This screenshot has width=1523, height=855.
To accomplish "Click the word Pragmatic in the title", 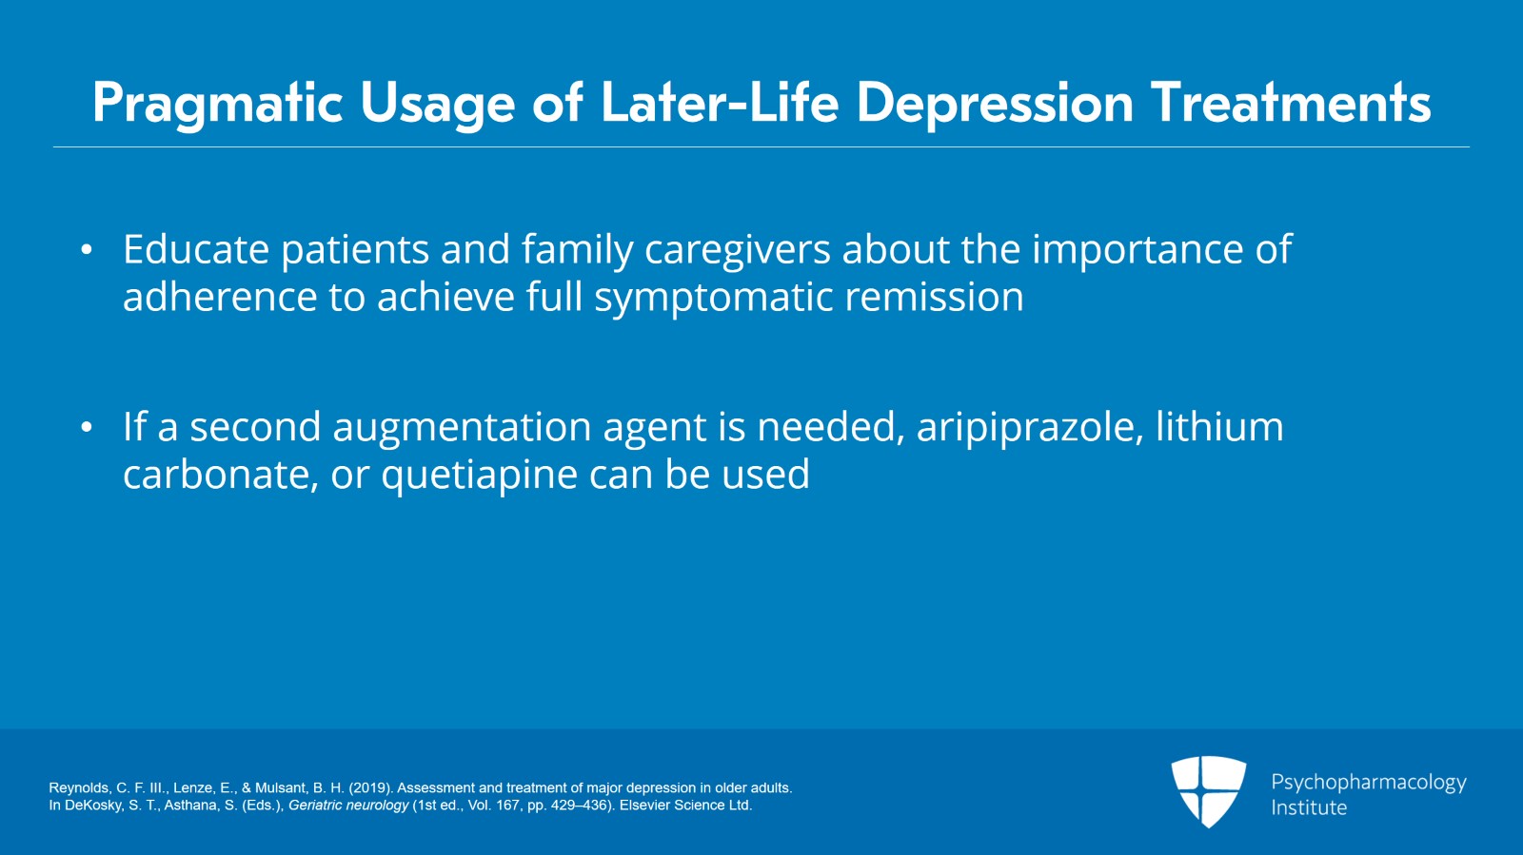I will [217, 104].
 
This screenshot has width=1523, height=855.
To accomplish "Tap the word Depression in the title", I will [995, 104].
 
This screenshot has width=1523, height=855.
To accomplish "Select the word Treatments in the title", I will [1291, 103].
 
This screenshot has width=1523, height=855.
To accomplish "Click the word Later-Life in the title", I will [720, 103].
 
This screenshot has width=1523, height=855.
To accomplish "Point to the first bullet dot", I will [87, 251].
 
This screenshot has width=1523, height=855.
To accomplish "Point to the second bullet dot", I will [87, 428].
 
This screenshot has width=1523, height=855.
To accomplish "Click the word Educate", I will [196, 250].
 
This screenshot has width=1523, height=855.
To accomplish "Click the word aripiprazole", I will [1029, 427].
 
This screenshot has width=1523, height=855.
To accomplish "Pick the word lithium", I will [1219, 427].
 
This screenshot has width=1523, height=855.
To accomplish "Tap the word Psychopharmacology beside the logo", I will [1368, 782].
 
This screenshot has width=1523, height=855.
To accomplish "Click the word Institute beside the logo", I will [1309, 807].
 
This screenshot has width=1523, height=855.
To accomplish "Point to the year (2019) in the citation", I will [369, 787].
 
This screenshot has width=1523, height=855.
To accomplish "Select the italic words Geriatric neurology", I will [348, 805].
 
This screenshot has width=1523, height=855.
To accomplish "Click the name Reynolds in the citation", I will [78, 787].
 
